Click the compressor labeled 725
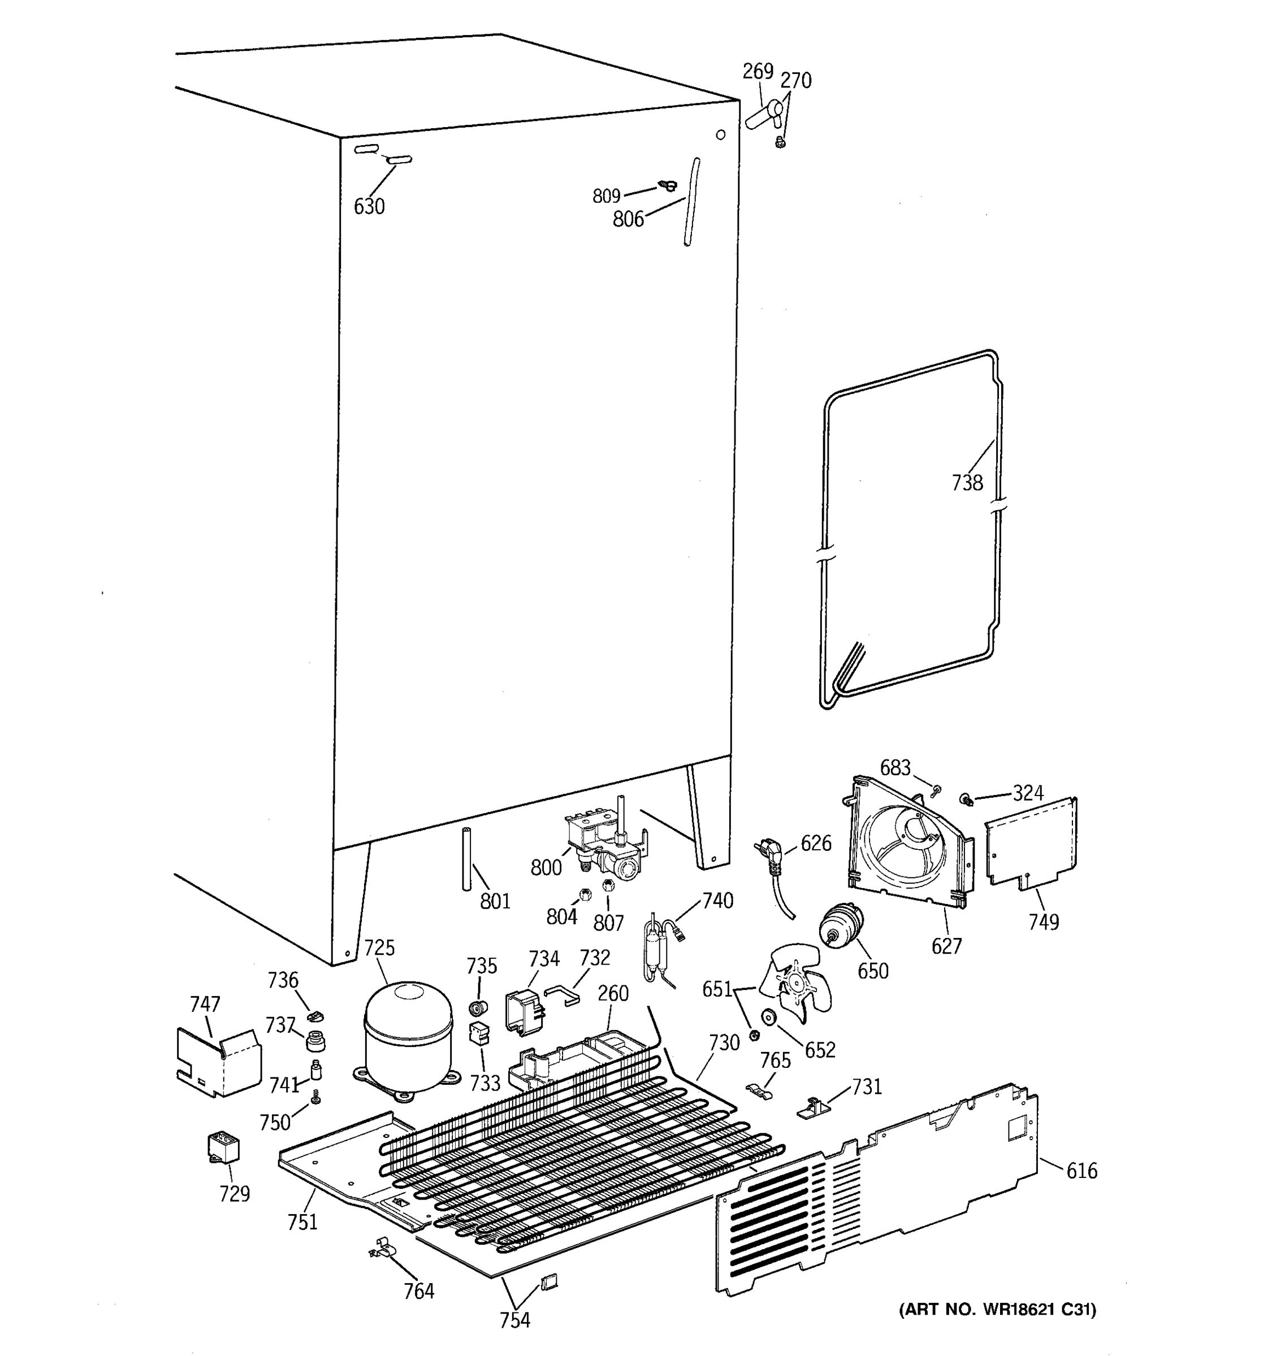point(408,1037)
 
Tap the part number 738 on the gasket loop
point(967,483)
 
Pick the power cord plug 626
point(768,857)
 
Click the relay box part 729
point(223,1148)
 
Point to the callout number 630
point(369,207)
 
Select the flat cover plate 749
point(1031,846)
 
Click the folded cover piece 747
point(218,1061)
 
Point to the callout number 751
point(302,1222)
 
